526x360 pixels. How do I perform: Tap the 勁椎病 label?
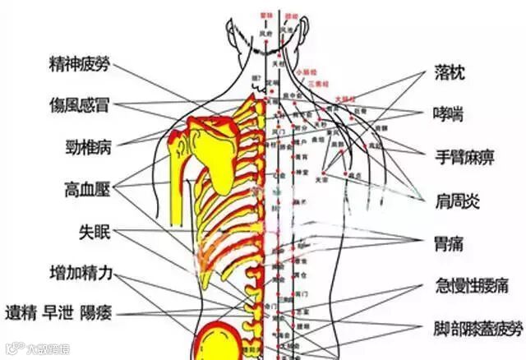click(89, 149)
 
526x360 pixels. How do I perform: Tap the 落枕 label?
click(450, 74)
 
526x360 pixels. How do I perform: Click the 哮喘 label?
click(450, 113)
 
